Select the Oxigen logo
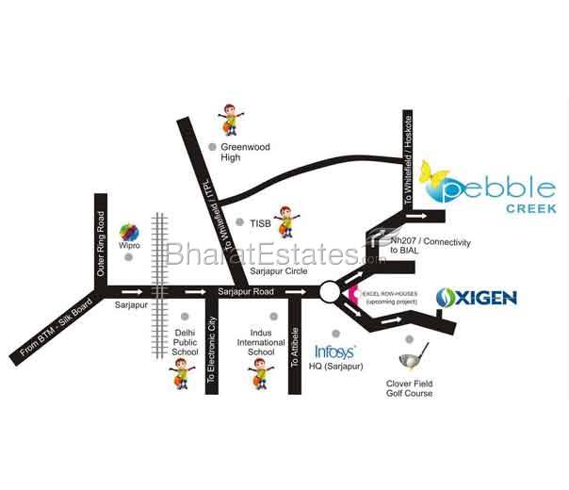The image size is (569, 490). pos(477,299)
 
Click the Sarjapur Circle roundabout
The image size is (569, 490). pos(331,292)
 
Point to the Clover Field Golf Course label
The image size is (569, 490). pos(410,388)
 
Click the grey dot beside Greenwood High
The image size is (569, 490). pos(213,146)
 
